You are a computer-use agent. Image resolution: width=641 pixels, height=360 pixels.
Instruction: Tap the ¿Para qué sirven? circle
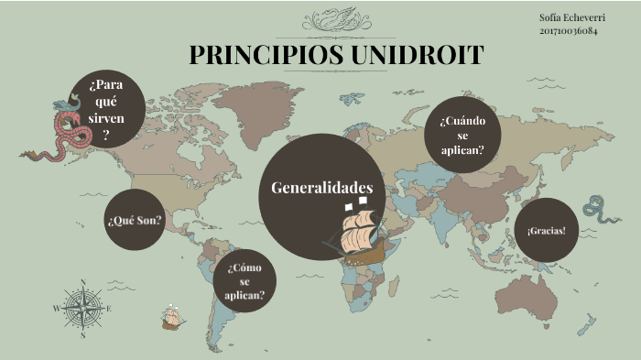coord(106,109)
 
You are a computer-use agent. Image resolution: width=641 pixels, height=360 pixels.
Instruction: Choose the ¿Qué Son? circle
coord(135,221)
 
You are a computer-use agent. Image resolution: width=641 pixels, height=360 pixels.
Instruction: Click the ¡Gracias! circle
coord(546,229)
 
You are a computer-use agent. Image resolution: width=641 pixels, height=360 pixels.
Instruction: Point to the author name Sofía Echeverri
coord(567,17)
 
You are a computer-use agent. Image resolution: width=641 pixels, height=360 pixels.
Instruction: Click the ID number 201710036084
coord(569,30)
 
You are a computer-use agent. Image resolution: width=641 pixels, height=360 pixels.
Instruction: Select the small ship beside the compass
coord(172,317)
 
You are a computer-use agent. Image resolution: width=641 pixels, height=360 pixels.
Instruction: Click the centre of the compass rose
coord(83,308)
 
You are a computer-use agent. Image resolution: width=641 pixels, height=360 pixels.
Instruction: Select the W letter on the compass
coord(57,309)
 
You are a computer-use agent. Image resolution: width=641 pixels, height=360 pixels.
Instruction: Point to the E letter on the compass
coord(109,309)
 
